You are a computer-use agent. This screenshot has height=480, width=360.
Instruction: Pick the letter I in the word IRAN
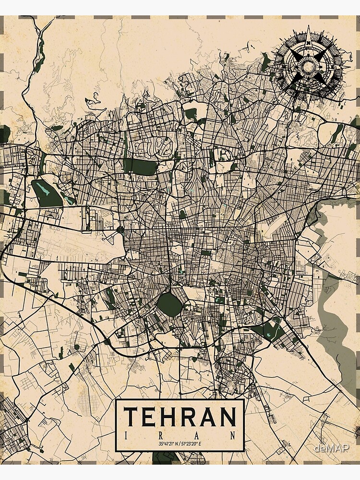pyautogui.click(x=126, y=436)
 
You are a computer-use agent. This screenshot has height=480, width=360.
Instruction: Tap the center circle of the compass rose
pyautogui.click(x=308, y=66)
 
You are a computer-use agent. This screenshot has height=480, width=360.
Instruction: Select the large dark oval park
pyautogui.click(x=168, y=304)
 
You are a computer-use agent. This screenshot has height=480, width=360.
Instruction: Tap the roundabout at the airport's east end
pyautogui.click(x=120, y=230)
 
